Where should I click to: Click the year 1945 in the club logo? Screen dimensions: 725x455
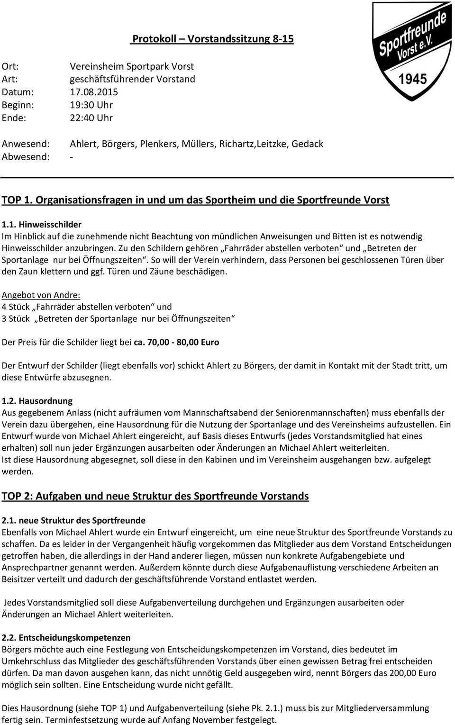tap(412, 79)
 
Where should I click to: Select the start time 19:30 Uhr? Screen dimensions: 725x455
tap(91, 105)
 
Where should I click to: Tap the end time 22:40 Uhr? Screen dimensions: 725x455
tap(91, 118)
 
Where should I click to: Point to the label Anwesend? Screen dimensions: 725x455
tap(26, 144)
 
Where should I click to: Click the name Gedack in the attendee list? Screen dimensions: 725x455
tap(307, 144)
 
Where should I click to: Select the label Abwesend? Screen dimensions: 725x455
tap(26, 157)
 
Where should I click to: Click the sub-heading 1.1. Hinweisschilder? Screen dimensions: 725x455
tap(42, 224)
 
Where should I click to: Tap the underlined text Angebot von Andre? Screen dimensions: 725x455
tap(41, 295)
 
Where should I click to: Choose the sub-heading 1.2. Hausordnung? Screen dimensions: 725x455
tap(37, 401)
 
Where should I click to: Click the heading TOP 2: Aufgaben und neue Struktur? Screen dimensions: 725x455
tap(155, 496)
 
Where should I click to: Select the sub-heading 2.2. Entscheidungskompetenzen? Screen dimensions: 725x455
tap(66, 638)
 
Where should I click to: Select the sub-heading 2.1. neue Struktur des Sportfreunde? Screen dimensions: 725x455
tap(73, 520)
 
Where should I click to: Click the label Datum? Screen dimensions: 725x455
tap(18, 92)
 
